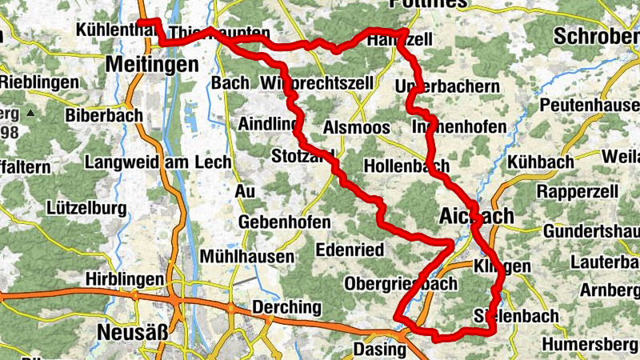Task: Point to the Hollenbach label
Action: pos(406,166)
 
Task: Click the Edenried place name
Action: pos(350,250)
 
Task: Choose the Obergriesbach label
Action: pos(400,283)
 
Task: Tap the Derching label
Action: pos(286,307)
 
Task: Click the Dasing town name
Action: pos(380,349)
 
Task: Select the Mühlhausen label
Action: pos(247,257)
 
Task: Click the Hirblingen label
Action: pos(126,278)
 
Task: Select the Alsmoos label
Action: pos(356,128)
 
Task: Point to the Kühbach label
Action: pos(540,162)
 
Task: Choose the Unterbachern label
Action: pos(448,86)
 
